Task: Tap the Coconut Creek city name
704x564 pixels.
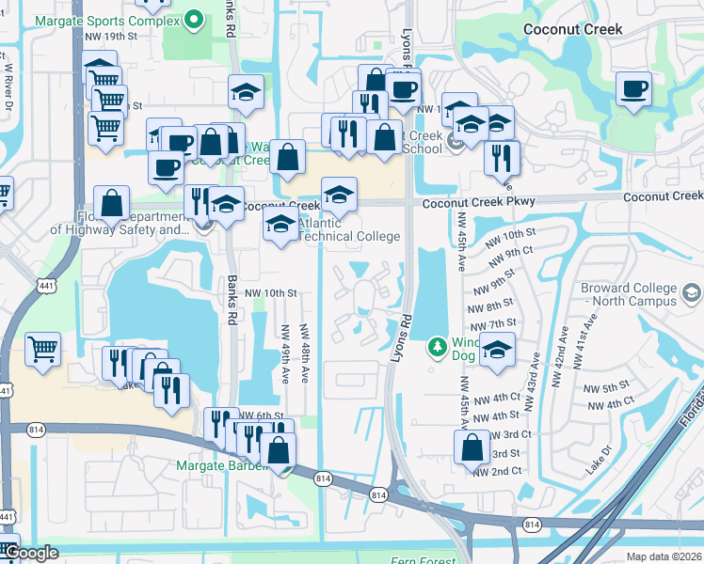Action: click(x=572, y=29)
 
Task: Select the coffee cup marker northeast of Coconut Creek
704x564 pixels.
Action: click(x=633, y=90)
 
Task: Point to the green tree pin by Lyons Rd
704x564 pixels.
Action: click(x=437, y=347)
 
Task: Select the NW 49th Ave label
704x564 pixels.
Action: click(x=284, y=353)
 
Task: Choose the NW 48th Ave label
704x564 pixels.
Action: click(x=304, y=353)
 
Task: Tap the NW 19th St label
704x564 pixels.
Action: click(x=111, y=36)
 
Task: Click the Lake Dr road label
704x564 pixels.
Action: click(x=597, y=462)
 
